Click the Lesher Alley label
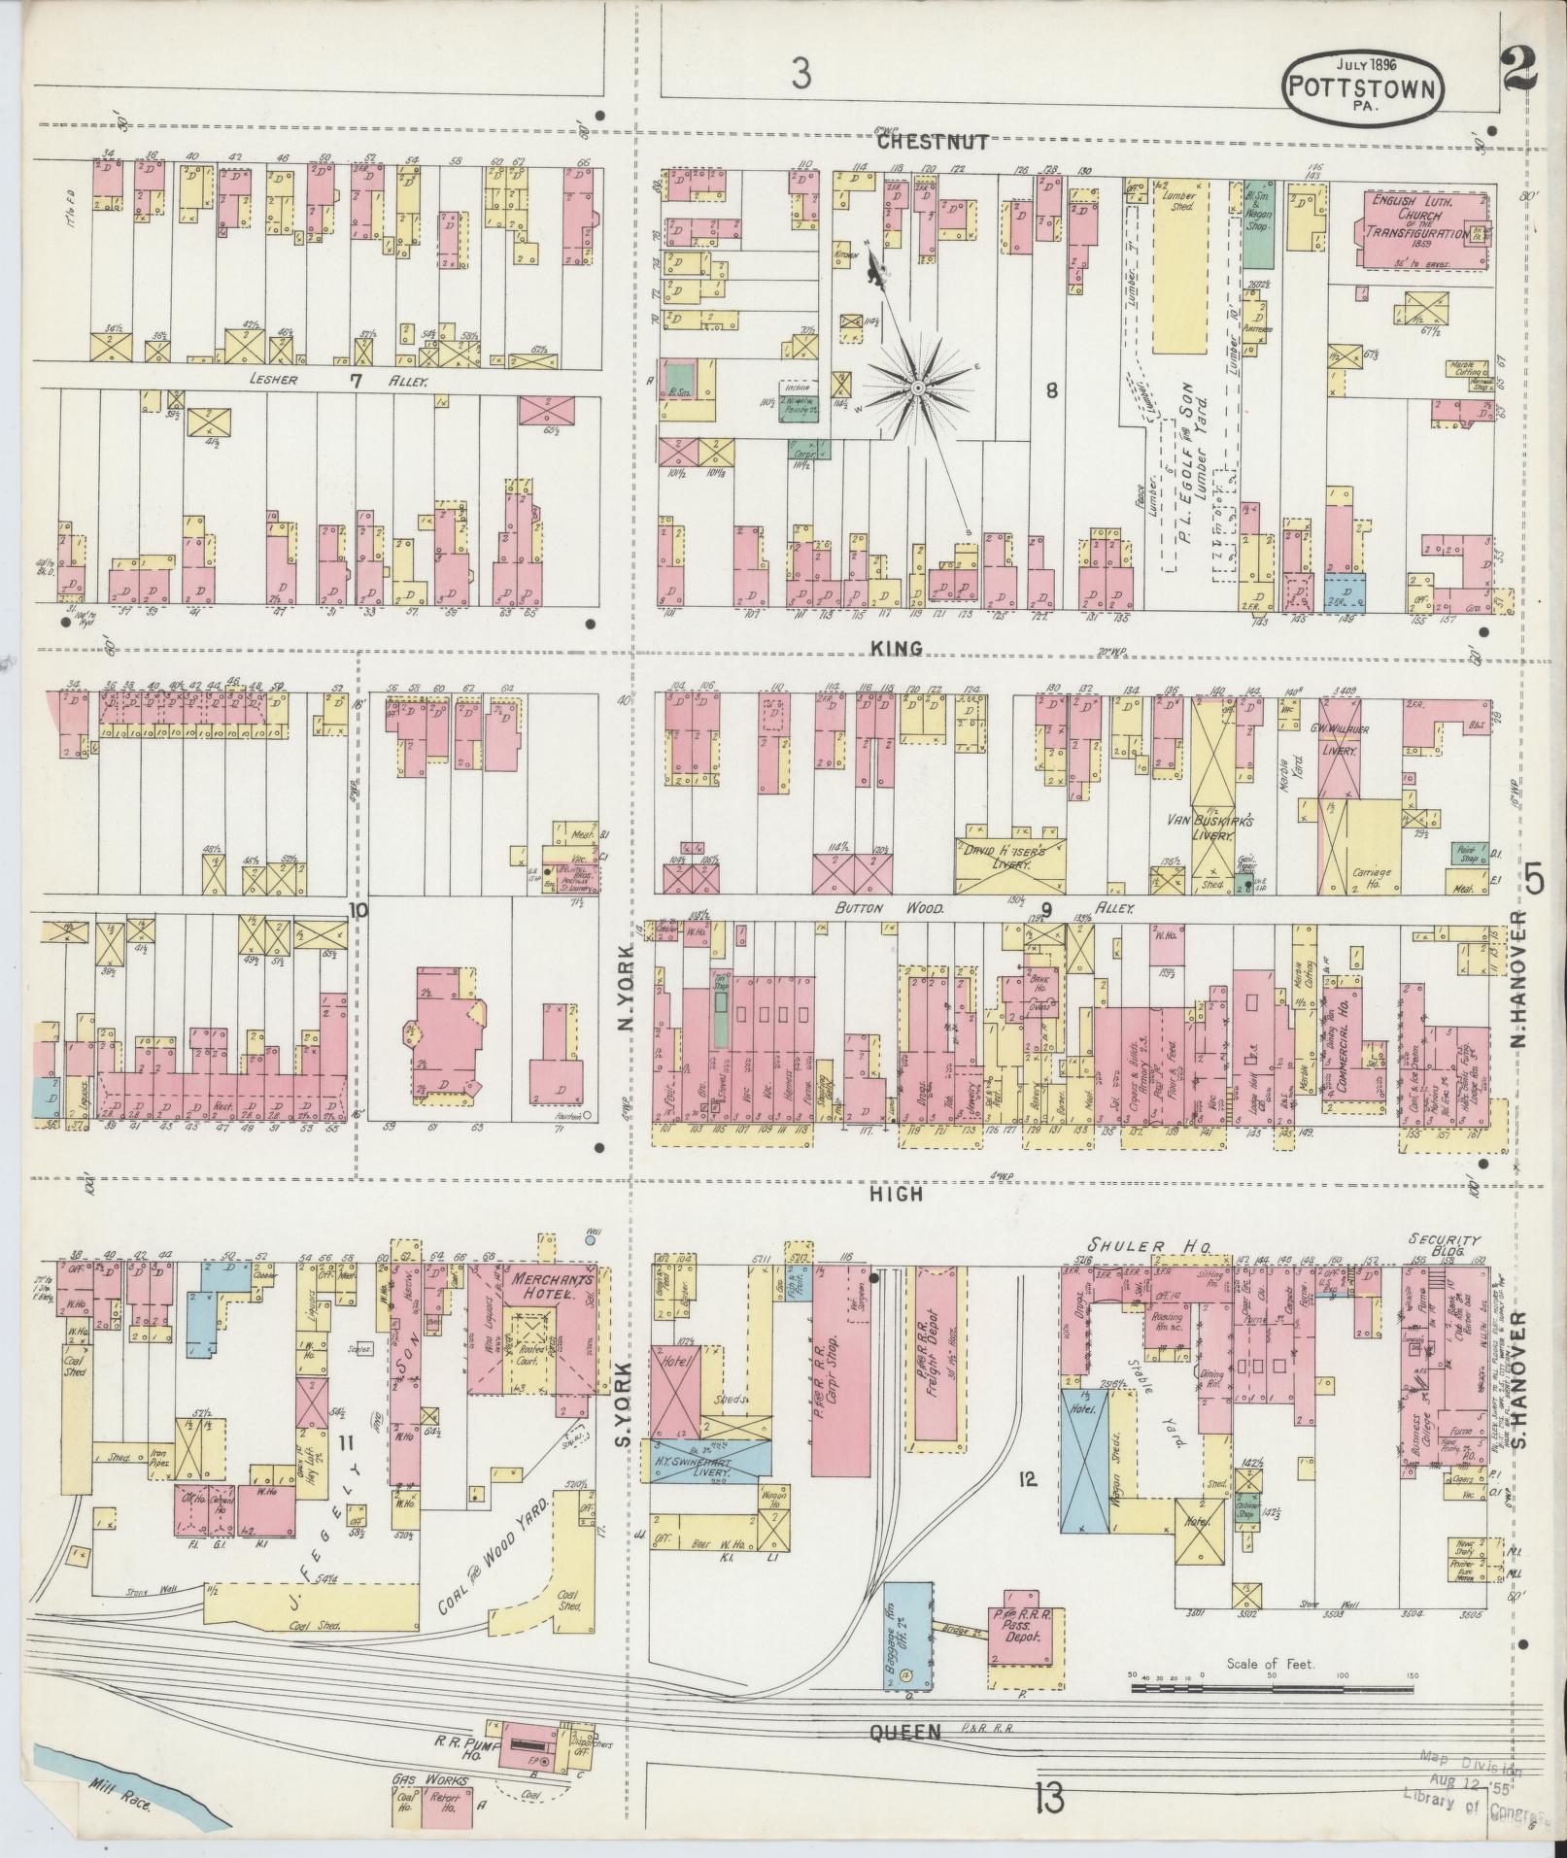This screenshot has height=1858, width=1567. click(x=321, y=382)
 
